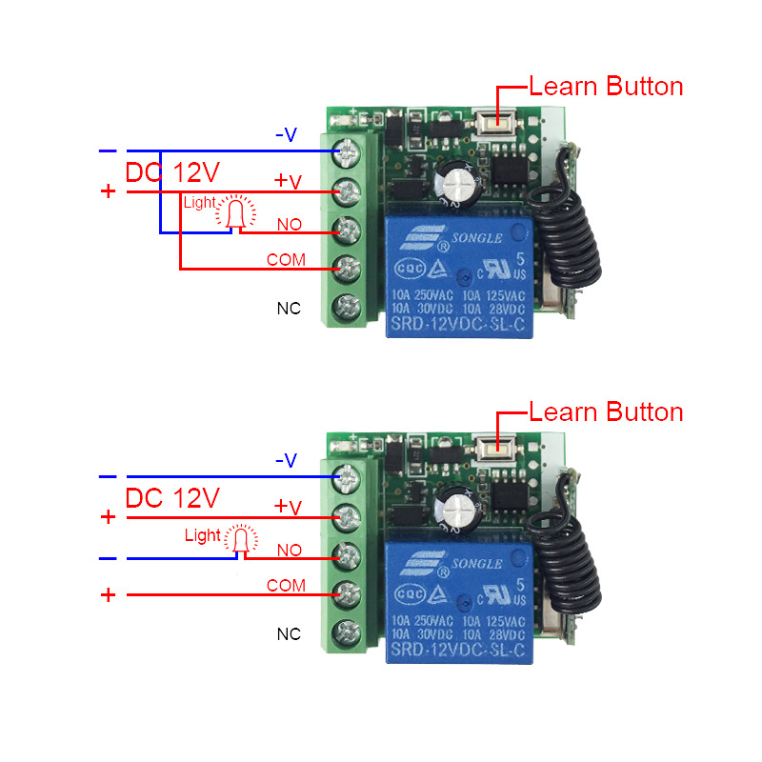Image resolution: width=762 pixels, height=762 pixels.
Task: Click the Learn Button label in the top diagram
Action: click(606, 87)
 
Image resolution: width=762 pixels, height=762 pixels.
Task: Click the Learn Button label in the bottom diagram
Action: click(606, 412)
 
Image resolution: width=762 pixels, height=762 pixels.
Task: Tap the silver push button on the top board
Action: click(491, 121)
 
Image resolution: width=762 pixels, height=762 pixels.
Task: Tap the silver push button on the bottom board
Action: click(491, 446)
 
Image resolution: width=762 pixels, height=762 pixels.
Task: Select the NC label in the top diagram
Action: click(289, 308)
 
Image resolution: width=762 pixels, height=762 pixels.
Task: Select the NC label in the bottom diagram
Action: click(289, 633)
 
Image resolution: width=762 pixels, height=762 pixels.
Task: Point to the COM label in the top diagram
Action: click(286, 259)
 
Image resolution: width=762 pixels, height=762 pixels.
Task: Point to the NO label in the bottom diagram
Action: click(289, 550)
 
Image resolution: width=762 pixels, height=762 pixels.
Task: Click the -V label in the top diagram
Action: click(286, 135)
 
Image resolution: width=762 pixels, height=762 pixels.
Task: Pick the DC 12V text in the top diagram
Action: click(172, 172)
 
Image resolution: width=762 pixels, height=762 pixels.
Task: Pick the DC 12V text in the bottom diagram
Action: click(172, 497)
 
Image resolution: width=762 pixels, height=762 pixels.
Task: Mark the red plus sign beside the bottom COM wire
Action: click(109, 595)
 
